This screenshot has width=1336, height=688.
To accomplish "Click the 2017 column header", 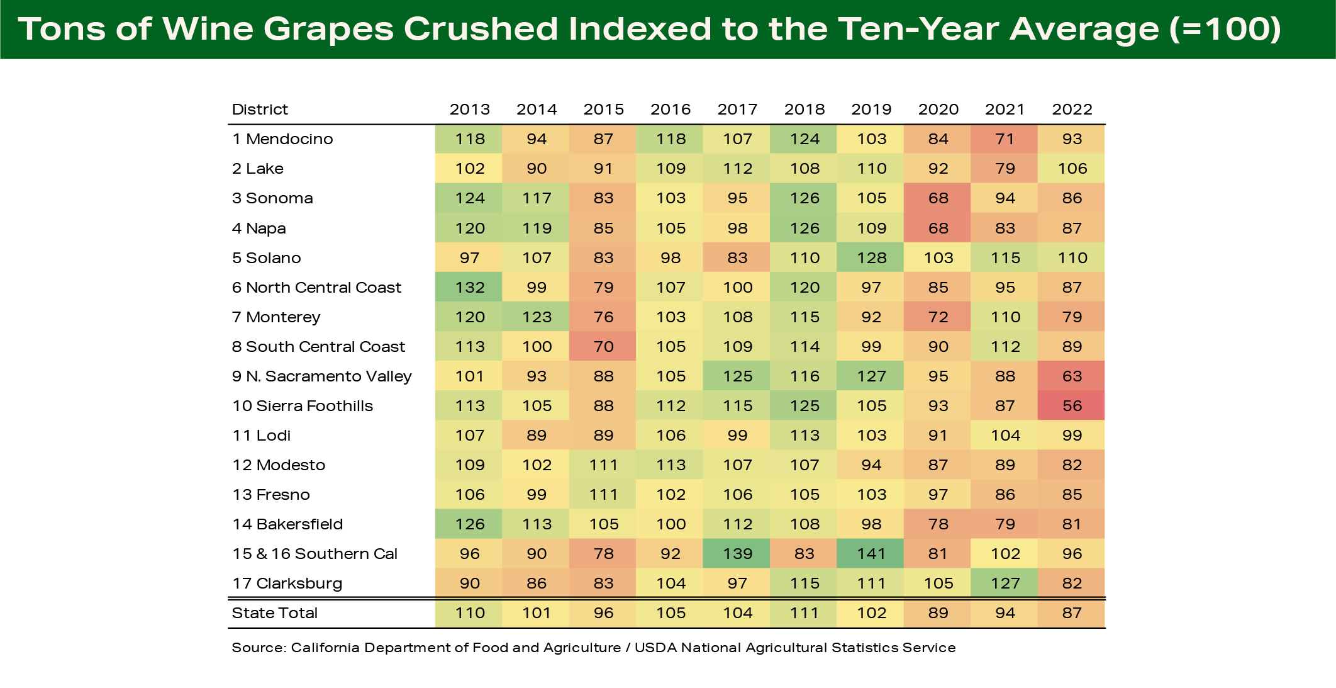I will click(737, 110).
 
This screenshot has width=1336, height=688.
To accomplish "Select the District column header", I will click(260, 110).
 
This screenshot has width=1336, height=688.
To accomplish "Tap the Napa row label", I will click(259, 228).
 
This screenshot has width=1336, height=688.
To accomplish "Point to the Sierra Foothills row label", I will click(302, 406).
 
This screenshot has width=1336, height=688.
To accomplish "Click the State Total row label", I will click(274, 613).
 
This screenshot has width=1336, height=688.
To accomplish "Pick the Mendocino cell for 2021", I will click(1005, 139).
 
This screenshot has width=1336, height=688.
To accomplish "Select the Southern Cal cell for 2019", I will click(871, 554).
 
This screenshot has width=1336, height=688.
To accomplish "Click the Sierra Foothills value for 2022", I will click(1072, 406).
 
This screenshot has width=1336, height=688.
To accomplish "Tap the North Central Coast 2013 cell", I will click(469, 288).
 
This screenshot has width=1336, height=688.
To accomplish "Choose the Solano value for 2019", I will click(871, 258).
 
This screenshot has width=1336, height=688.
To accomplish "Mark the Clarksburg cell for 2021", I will click(1005, 584).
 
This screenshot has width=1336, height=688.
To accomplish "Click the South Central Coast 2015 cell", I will click(603, 347).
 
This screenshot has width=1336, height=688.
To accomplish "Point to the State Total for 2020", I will click(938, 613).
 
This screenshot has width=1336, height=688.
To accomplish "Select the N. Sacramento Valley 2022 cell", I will click(1072, 376).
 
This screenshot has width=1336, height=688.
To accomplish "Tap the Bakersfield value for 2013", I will click(469, 524).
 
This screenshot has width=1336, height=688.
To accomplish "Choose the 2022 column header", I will click(1072, 110).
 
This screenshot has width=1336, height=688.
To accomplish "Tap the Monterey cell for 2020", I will click(938, 317).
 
